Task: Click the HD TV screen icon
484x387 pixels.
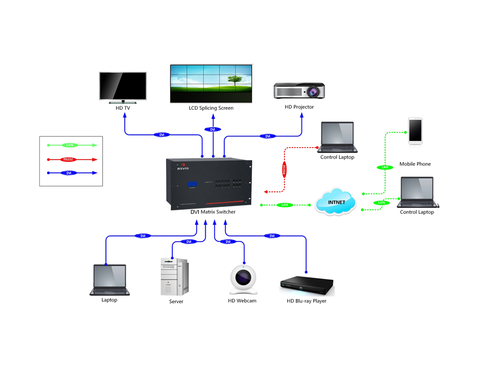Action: (123, 87)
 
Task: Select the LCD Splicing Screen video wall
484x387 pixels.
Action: (211, 83)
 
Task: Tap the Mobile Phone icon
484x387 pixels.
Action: (415, 131)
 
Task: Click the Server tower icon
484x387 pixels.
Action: (174, 276)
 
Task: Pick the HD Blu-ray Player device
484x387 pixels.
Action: (307, 287)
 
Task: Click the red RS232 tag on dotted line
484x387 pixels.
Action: (284, 169)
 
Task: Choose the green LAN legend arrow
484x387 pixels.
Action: (72, 145)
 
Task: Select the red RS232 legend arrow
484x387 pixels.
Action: (72, 159)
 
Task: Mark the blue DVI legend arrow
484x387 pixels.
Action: (72, 173)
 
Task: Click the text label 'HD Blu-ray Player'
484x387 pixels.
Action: (306, 301)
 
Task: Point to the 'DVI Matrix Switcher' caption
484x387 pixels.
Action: (213, 212)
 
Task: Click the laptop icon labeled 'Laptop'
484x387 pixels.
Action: (109, 280)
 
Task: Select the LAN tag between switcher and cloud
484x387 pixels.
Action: (285, 205)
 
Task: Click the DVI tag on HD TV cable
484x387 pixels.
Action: (162, 134)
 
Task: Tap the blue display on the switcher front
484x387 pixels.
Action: (190, 184)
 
